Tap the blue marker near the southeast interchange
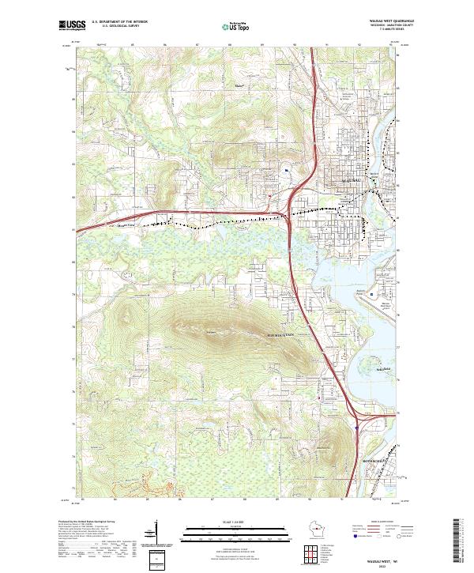tap(357, 428)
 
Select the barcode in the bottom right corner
tap(457, 539)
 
